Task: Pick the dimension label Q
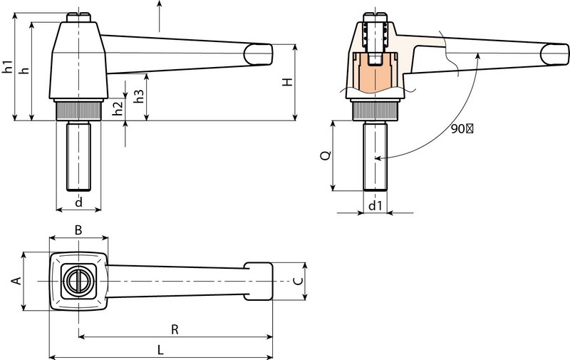coord(325,156)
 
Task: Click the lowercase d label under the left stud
coord(78,202)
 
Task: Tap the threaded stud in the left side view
coord(78,155)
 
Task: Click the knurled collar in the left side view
coord(78,110)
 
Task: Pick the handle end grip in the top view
coord(259,281)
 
